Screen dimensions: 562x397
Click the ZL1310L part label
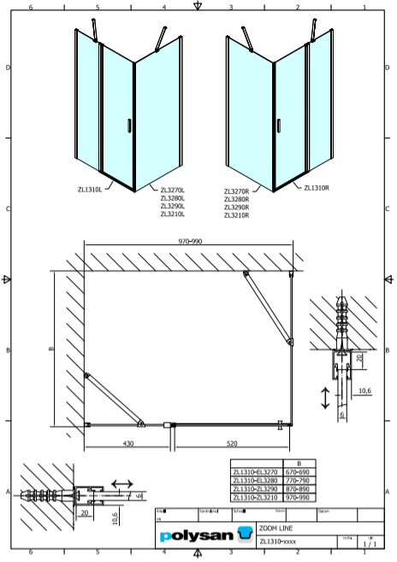(89, 190)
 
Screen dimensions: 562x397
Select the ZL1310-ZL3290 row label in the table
(256, 489)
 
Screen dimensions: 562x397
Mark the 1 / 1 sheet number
(369, 542)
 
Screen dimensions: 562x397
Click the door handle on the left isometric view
(128, 126)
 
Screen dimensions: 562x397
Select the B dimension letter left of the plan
(51, 348)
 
